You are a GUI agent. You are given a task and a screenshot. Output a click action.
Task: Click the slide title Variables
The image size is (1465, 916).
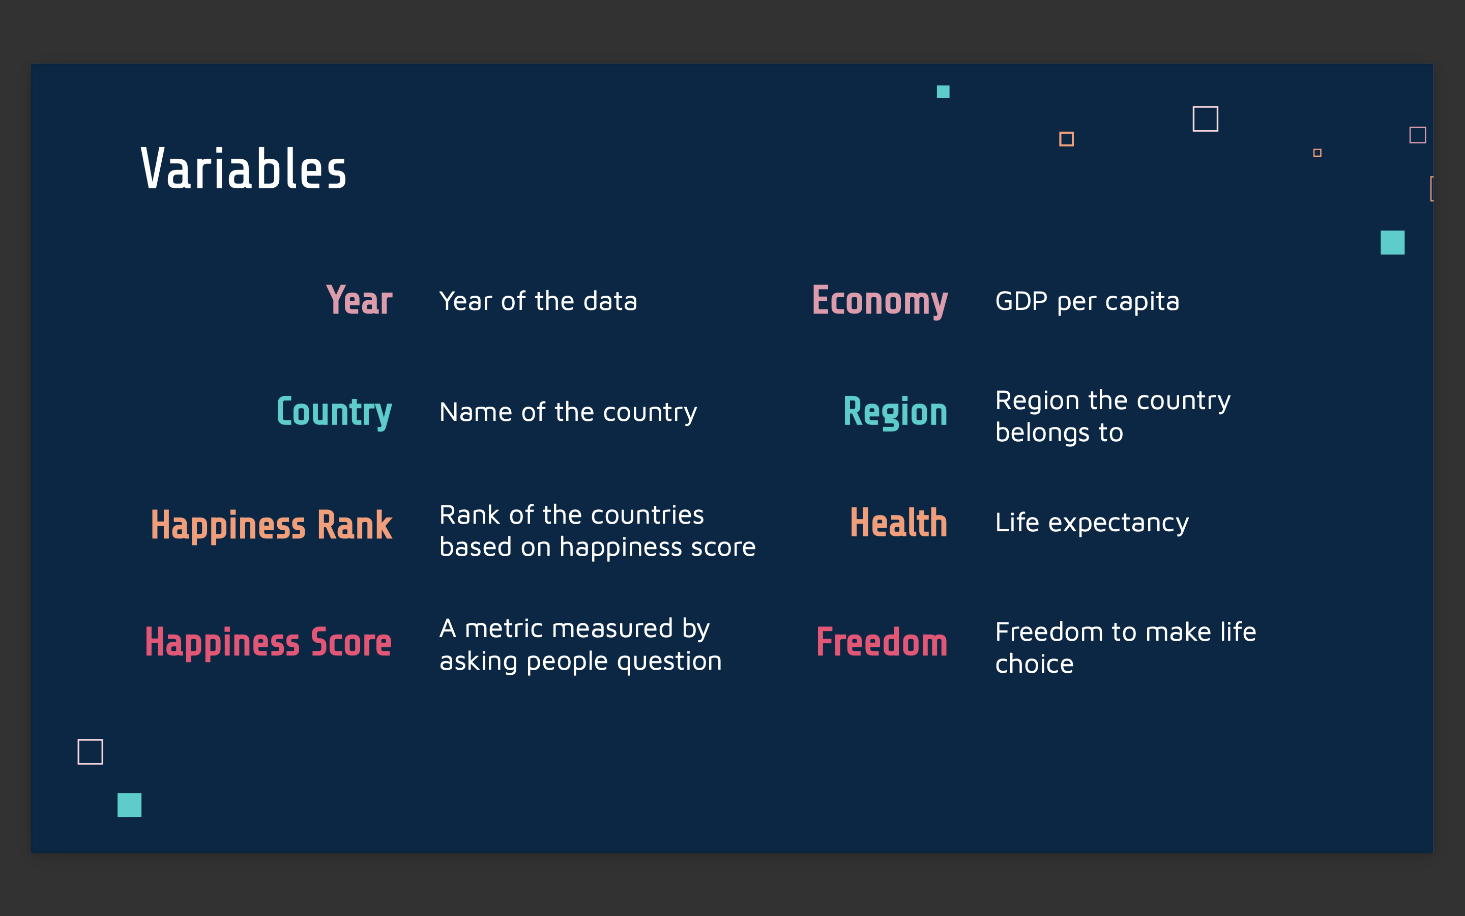coord(243,169)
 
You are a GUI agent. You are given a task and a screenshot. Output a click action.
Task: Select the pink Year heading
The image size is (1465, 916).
coord(360,300)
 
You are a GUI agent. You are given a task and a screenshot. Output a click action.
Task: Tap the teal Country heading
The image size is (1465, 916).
coord(334,413)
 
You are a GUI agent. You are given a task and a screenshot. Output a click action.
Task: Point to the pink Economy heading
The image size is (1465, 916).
coord(880,301)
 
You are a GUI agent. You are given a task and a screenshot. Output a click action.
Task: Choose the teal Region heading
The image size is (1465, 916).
coord(895,413)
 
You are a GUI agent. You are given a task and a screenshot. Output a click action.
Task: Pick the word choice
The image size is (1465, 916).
coord(1035,664)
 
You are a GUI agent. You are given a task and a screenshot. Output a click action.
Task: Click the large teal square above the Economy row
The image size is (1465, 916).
coord(1392,242)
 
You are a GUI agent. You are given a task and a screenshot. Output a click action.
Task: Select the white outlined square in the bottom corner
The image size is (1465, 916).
coord(90,751)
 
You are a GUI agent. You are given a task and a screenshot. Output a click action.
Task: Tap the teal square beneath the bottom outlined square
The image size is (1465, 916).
coord(130,805)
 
